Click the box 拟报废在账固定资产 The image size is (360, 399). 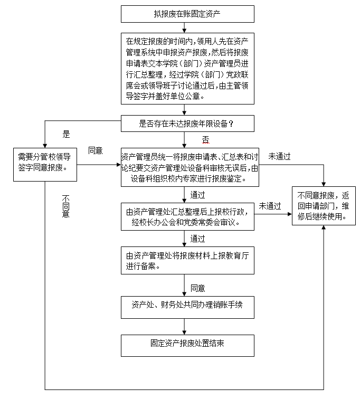pos(187,14)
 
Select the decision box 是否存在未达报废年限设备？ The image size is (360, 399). pos(187,123)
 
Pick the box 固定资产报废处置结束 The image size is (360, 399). pos(187,344)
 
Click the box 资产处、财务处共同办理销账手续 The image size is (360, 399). pos(187,305)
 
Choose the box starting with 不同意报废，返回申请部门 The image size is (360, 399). pos(323,201)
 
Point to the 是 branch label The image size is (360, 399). pos(66,135)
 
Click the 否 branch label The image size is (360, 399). pos(206,139)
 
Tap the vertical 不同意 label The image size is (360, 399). pos(66,206)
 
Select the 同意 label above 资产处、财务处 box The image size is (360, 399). pos(197,288)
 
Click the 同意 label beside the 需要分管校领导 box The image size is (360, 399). pos(96,150)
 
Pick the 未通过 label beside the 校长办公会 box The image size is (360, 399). pos(270,205)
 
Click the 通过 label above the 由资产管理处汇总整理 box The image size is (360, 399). pos(197,195)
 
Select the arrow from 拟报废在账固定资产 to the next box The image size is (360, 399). pos(184,27)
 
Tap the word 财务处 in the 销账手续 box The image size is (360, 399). pos(177,305)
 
